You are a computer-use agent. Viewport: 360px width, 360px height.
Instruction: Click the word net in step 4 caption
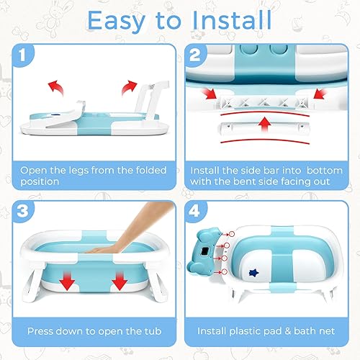(x=325, y=332)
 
